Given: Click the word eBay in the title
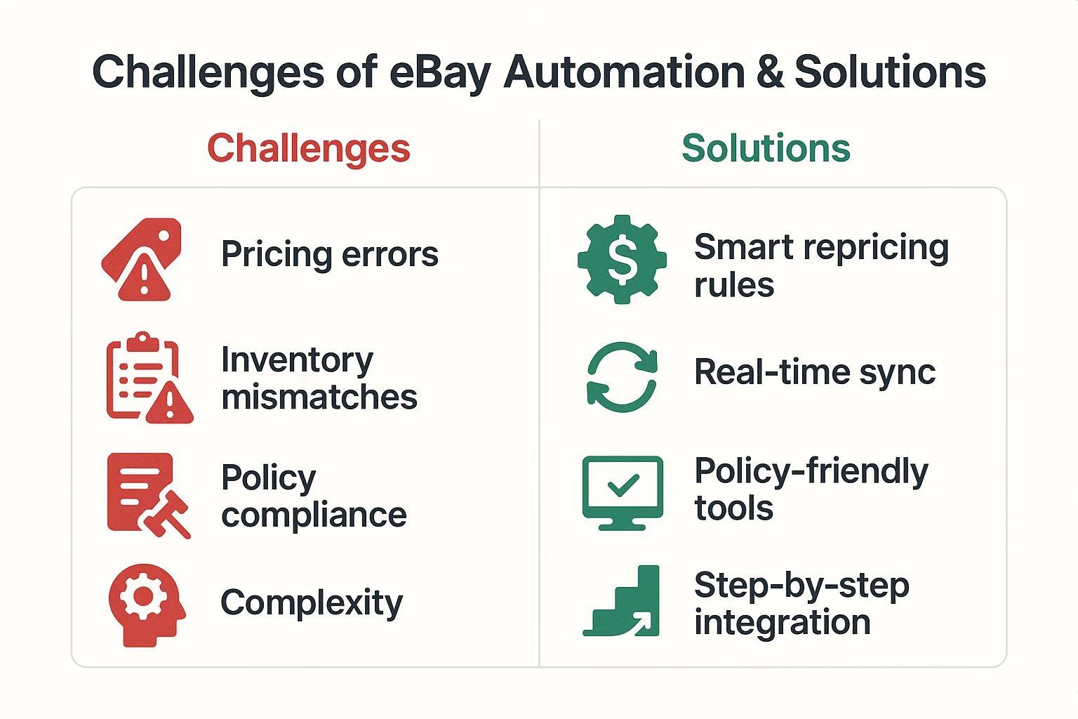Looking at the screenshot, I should click(x=439, y=73).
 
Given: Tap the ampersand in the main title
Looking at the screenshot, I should click(x=769, y=73).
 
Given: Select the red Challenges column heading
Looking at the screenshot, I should click(x=308, y=149).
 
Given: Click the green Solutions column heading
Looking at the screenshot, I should click(x=766, y=149).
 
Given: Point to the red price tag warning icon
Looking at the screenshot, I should click(x=142, y=260).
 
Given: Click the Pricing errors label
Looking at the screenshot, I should click(x=329, y=254).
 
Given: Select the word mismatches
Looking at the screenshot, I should click(x=319, y=397).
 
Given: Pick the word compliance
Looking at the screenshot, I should click(x=314, y=515).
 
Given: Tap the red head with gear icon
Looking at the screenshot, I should click(x=146, y=604).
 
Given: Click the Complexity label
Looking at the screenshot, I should click(x=312, y=602).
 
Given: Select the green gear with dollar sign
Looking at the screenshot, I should click(x=622, y=259).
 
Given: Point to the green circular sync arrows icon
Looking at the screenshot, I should click(x=622, y=377).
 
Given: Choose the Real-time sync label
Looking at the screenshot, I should click(x=814, y=372).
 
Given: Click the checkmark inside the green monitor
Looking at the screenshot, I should click(x=623, y=485).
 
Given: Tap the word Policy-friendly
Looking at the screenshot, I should click(x=811, y=470).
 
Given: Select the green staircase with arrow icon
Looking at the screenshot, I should click(x=623, y=602).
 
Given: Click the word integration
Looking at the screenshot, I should click(x=782, y=623).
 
